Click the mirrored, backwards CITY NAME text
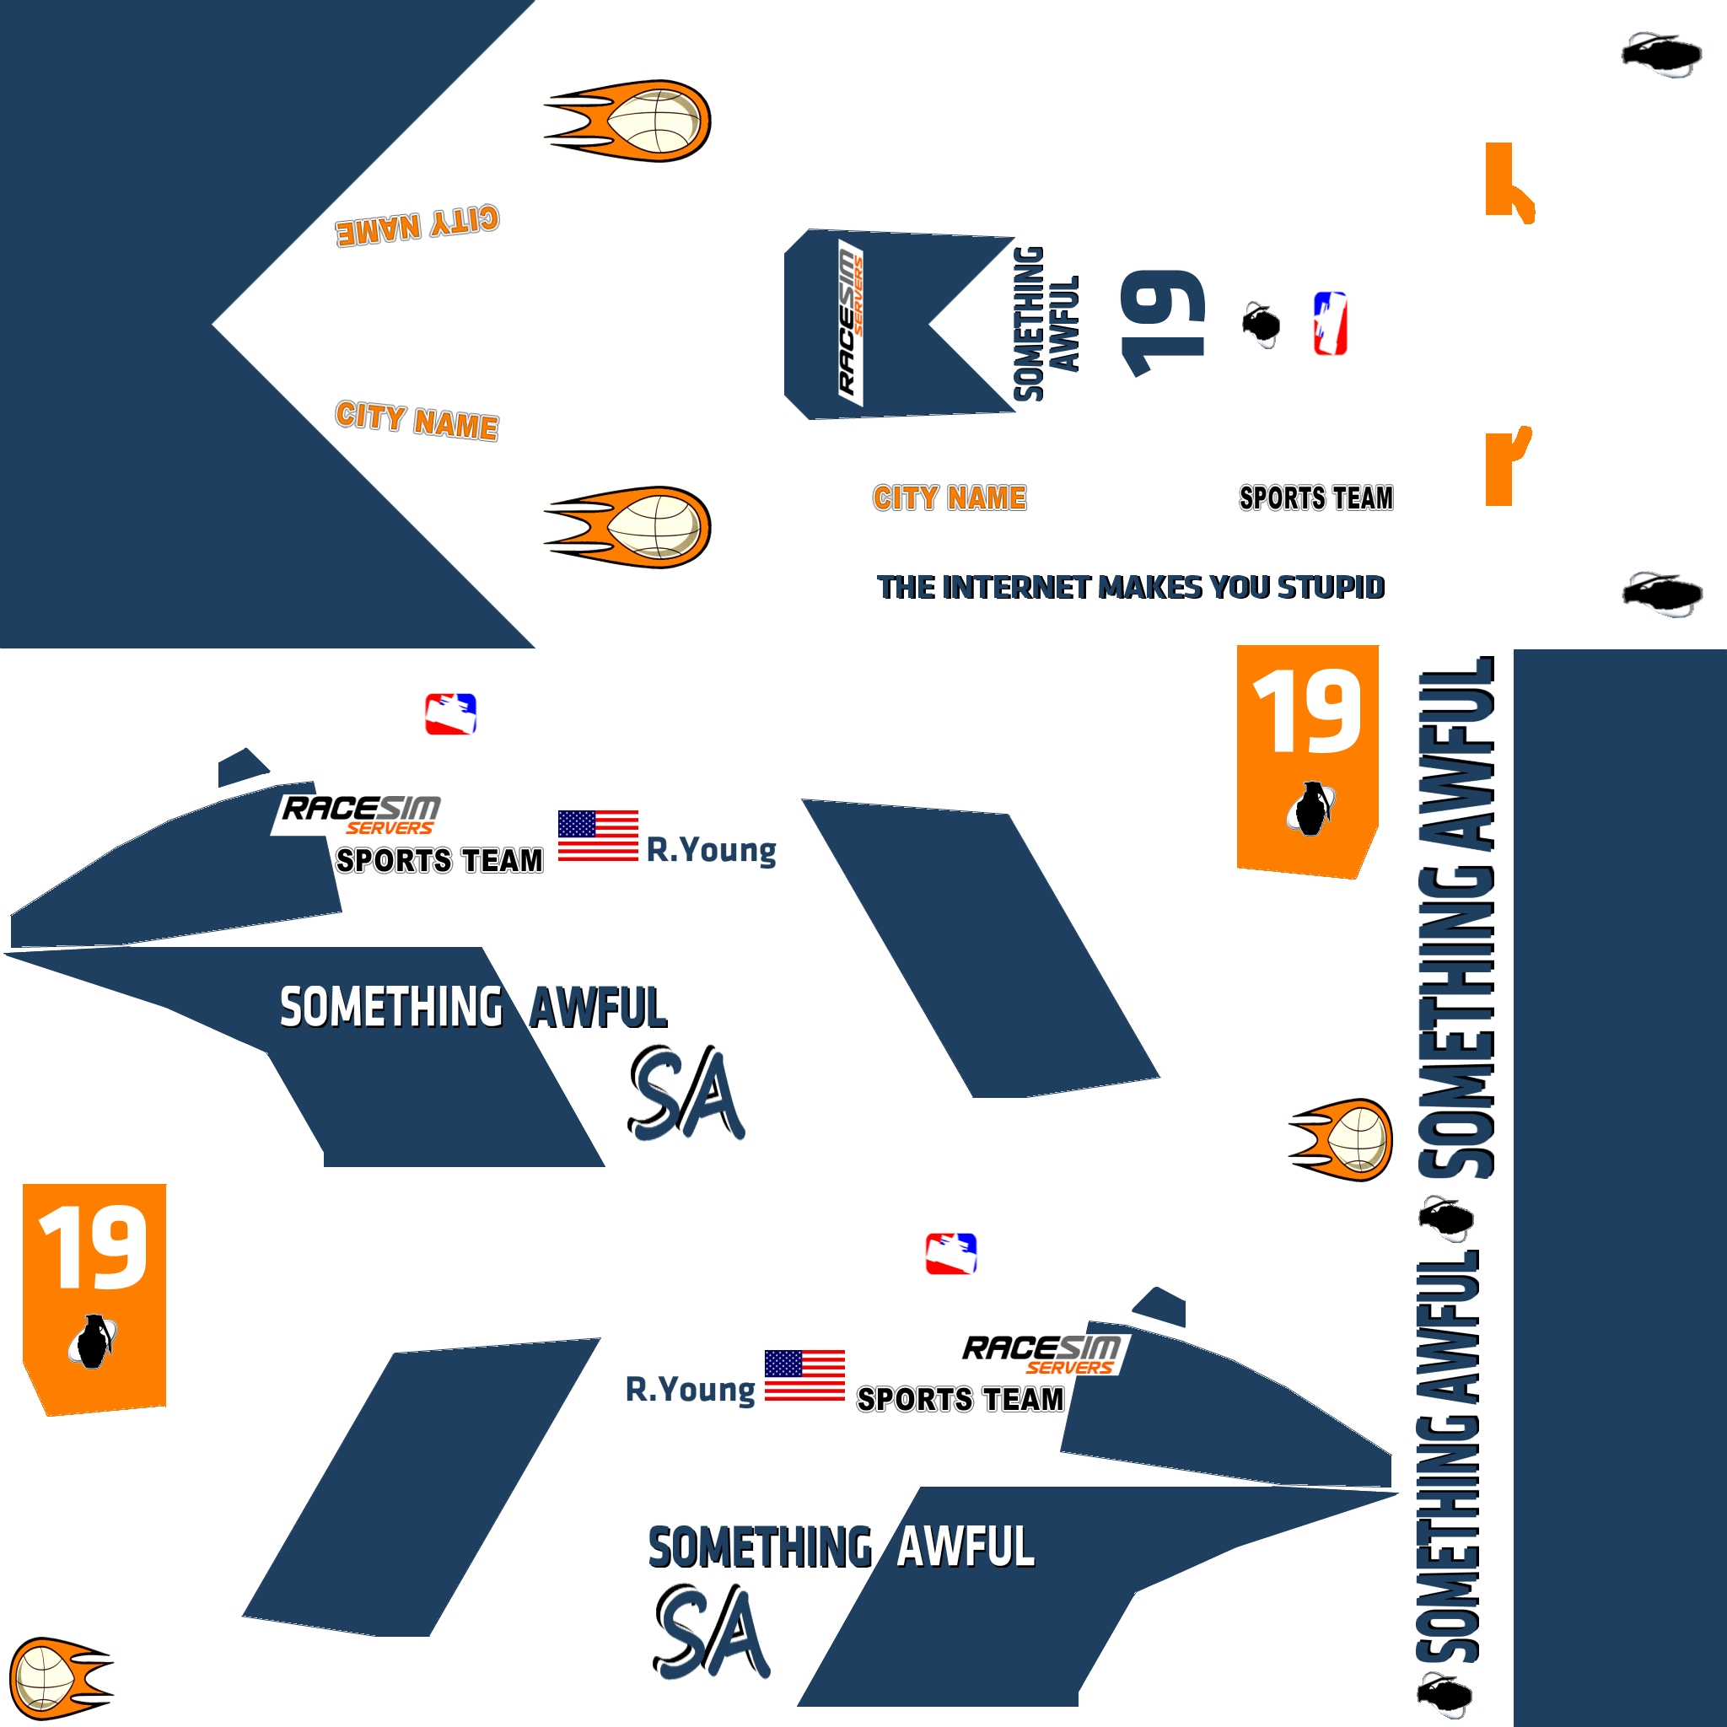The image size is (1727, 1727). pyautogui.click(x=417, y=224)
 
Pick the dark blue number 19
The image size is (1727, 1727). pyautogui.click(x=1162, y=322)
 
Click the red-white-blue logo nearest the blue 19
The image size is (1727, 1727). pyautogui.click(x=1329, y=324)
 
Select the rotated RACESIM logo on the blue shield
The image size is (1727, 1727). pyautogui.click(x=849, y=322)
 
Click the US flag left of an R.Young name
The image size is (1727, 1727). pyautogui.click(x=598, y=836)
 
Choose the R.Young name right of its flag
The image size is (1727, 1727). pyautogui.click(x=712, y=849)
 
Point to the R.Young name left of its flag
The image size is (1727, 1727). pyautogui.click(x=690, y=1389)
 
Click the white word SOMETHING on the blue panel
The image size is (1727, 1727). pyautogui.click(x=391, y=1008)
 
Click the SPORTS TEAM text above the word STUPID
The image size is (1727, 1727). pyautogui.click(x=1315, y=498)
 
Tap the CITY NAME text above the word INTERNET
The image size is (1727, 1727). pyautogui.click(x=950, y=498)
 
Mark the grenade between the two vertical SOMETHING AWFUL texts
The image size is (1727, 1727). pyautogui.click(x=1445, y=1218)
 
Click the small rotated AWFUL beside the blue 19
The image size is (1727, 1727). pyautogui.click(x=1065, y=324)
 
